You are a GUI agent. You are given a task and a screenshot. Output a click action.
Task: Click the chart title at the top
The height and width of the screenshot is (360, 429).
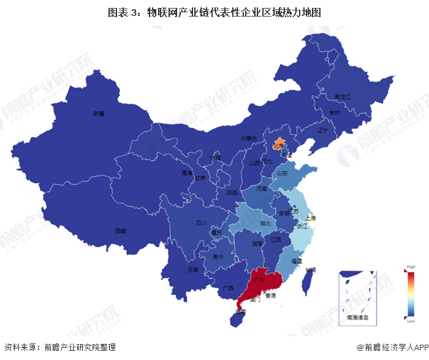point(214,12)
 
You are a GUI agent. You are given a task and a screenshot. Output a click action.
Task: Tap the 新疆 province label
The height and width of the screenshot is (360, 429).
point(99,113)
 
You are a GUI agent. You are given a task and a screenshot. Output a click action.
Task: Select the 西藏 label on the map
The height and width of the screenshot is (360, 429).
point(120,231)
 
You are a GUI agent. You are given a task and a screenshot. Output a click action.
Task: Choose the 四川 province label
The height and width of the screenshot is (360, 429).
point(201,223)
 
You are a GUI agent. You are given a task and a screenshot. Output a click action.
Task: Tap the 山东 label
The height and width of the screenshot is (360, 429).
point(283,173)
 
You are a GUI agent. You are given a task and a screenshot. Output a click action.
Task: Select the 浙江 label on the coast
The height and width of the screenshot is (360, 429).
point(302,227)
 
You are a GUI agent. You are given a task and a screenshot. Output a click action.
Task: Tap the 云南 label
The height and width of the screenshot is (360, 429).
point(194,269)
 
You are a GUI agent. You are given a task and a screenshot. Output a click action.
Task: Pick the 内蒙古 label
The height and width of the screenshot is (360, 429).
point(247,139)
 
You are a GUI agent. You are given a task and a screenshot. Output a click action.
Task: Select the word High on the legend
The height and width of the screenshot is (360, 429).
point(410,268)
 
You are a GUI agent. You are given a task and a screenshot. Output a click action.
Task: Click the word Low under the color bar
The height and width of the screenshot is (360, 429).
point(410,321)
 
